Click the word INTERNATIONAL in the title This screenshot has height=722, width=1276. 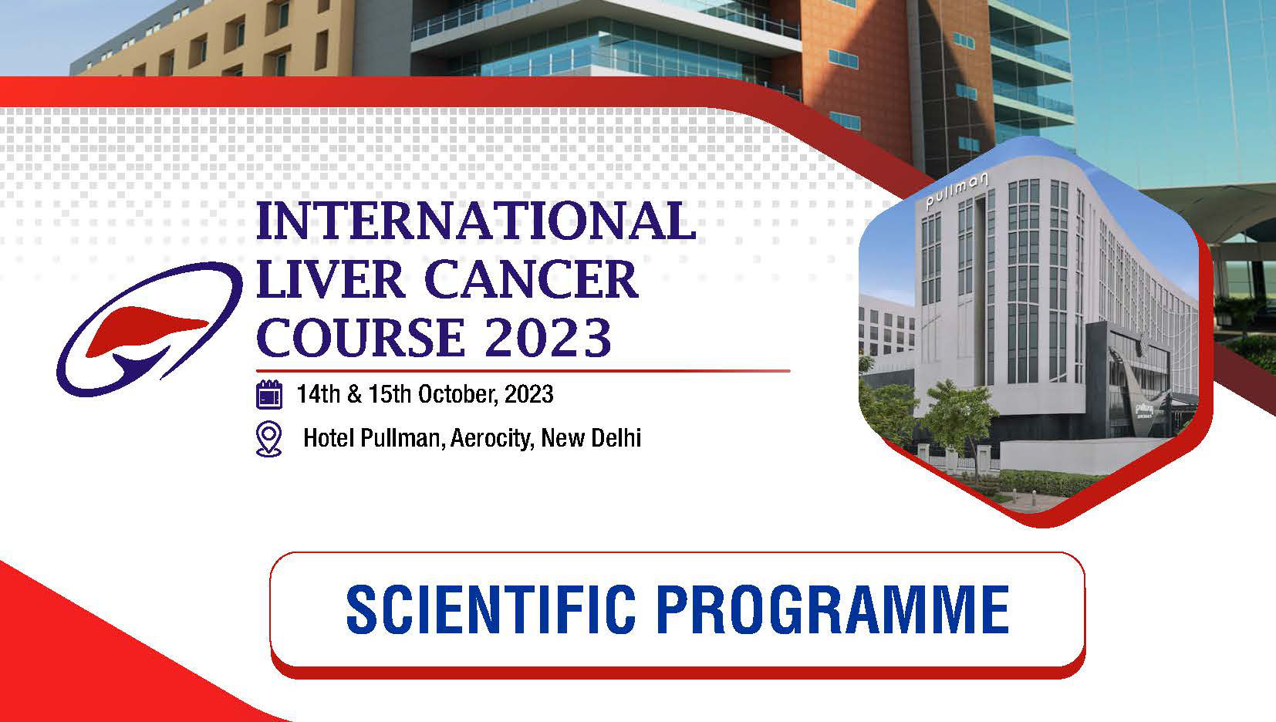476,221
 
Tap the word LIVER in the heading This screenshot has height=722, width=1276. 330,279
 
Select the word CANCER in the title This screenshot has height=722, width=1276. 531,279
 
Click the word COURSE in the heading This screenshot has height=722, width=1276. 360,337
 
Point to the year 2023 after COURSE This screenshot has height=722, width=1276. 548,337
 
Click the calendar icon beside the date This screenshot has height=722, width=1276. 269,395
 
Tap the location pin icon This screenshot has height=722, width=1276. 269,438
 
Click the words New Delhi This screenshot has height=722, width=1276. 591,438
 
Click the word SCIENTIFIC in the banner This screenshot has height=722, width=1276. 491,609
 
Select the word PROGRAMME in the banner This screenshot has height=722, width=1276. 833,609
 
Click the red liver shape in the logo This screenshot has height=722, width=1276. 145,330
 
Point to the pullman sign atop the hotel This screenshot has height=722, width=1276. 956,191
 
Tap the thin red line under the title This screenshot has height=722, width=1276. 523,371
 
